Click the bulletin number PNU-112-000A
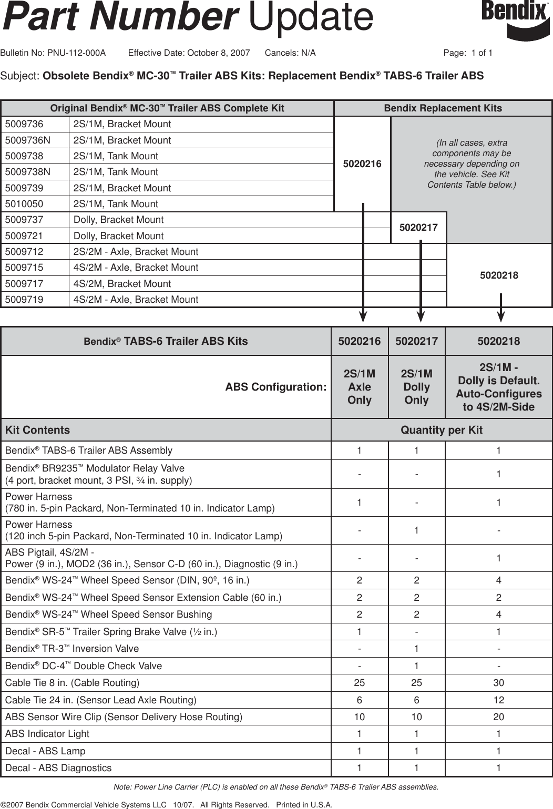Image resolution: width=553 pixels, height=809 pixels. pyautogui.click(x=76, y=53)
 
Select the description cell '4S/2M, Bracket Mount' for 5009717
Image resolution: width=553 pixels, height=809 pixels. pyautogui.click(x=122, y=284)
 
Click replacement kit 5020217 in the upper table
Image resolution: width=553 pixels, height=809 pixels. pyautogui.click(x=418, y=228)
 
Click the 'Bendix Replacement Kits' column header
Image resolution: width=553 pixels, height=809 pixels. pyautogui.click(x=443, y=108)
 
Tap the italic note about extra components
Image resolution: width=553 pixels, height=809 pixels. pyautogui.click(x=472, y=163)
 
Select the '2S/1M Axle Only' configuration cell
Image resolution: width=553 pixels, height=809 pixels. pyautogui.click(x=360, y=387)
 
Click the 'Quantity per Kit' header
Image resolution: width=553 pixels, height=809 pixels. pyautogui.click(x=442, y=430)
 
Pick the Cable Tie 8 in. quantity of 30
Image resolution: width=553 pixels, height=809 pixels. pyautogui.click(x=498, y=683)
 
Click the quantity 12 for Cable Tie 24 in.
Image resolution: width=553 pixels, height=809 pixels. pyautogui.click(x=498, y=700)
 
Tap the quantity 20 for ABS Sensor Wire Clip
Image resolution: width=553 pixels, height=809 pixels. pyautogui.click(x=498, y=717)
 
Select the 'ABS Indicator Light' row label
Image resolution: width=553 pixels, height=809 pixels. pyautogui.click(x=47, y=734)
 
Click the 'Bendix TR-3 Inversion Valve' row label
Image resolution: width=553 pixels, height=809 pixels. pyautogui.click(x=72, y=649)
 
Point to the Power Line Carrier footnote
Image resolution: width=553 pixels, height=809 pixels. pyautogui.click(x=276, y=787)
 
